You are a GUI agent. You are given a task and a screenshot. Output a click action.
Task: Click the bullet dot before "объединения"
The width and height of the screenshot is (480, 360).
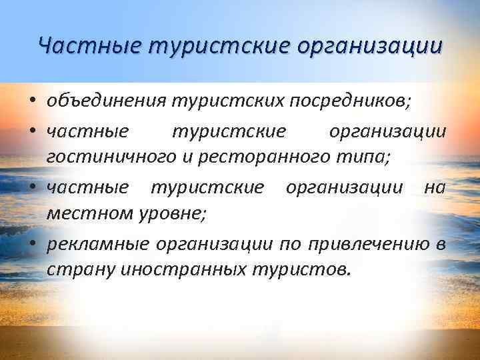coord(32,103)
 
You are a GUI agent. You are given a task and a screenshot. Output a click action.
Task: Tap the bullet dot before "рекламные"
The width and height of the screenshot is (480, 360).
coord(32,245)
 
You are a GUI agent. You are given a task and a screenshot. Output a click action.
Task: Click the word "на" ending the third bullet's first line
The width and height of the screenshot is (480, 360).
coord(435,188)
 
